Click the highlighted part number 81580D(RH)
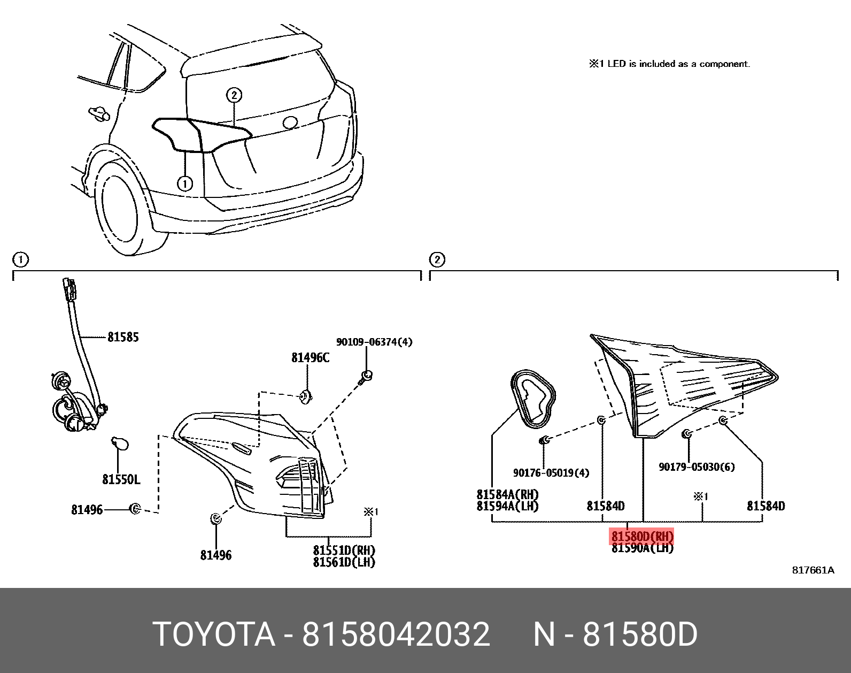642,536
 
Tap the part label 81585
123,337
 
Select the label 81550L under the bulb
121,479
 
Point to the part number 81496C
310,358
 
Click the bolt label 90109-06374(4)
374,342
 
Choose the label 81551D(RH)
344,550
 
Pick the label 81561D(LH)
344,562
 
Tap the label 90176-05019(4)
551,473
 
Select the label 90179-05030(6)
697,467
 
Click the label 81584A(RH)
507,495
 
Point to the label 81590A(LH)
642,548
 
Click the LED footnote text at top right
669,64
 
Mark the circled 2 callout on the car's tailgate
234,95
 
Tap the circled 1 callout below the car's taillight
185,183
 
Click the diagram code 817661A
813,570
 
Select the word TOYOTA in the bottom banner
214,634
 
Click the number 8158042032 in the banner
396,634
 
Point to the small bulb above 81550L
119,444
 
